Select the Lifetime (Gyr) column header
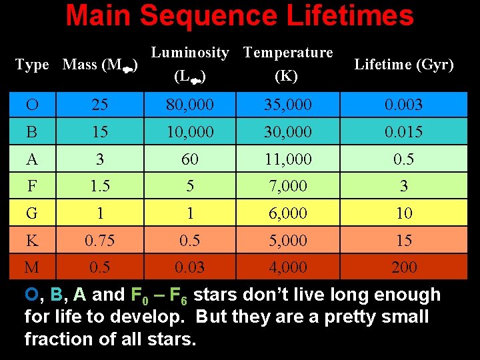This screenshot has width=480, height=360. (x=404, y=65)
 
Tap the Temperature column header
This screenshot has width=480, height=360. (x=288, y=52)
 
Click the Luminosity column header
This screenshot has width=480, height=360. (x=190, y=52)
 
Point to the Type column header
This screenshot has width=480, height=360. (x=32, y=65)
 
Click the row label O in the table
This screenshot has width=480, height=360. (x=31, y=105)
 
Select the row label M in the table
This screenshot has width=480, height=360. (x=32, y=267)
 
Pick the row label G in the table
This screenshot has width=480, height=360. (x=31, y=213)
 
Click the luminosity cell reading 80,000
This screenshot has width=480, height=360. (x=190, y=105)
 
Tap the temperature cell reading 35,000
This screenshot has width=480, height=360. (x=288, y=105)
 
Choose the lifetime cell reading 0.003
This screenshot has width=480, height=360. (x=404, y=105)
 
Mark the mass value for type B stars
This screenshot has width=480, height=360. (x=99, y=132)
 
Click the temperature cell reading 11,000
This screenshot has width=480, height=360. (x=288, y=159)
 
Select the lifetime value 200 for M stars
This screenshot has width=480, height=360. (x=404, y=267)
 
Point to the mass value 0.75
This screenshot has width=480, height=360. (x=99, y=241)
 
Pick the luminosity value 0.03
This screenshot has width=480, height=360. (x=190, y=267)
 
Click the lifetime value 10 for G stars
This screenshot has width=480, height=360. (x=404, y=213)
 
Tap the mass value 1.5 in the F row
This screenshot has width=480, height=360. (x=99, y=187)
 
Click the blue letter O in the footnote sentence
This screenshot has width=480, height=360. (x=31, y=295)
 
